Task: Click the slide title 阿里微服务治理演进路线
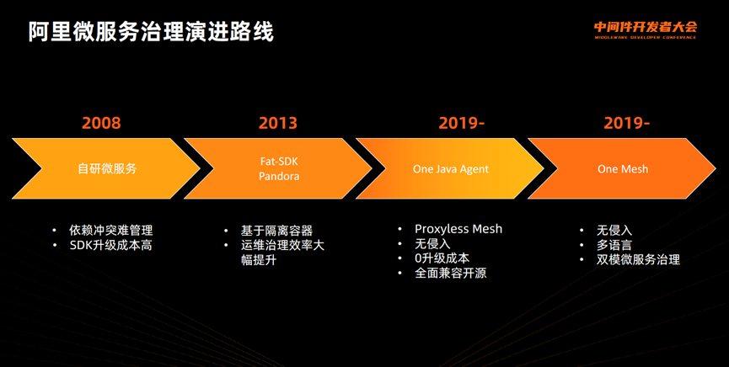[x=151, y=32]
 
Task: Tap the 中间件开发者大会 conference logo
[x=646, y=29]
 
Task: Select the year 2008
[x=101, y=123]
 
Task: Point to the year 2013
[x=278, y=123]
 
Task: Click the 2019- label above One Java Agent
[x=461, y=123]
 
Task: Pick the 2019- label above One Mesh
[x=626, y=123]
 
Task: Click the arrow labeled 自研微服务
[x=106, y=168]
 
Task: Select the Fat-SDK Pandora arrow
[x=278, y=168]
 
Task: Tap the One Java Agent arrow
[x=450, y=168]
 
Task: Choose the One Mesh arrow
[x=622, y=168]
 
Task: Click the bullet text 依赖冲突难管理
[x=111, y=231]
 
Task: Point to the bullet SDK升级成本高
[x=111, y=245]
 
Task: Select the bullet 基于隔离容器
[x=276, y=231]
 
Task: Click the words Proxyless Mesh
[x=458, y=229]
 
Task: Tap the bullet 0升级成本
[x=442, y=258]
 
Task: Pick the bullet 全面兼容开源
[x=451, y=273]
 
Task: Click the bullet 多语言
[x=614, y=245]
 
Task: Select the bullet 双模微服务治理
[x=638, y=260]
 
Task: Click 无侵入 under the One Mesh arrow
[x=614, y=231]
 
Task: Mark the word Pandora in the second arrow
[x=279, y=177]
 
